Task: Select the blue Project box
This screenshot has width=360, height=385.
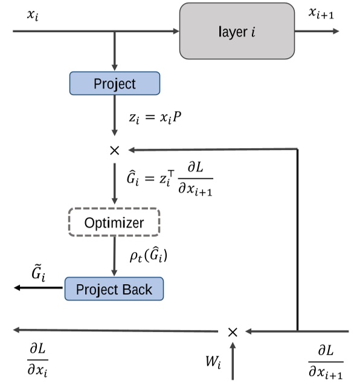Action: pyautogui.click(x=115, y=83)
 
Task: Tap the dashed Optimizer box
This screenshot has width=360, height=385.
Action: pyautogui.click(x=115, y=222)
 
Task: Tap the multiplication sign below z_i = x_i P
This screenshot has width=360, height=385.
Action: pyautogui.click(x=115, y=150)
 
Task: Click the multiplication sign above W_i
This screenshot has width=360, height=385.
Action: pyautogui.click(x=233, y=331)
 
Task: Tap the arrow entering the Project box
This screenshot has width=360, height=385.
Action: pyautogui.click(x=115, y=57)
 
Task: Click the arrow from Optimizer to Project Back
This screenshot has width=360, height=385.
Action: pyautogui.click(x=115, y=257)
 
